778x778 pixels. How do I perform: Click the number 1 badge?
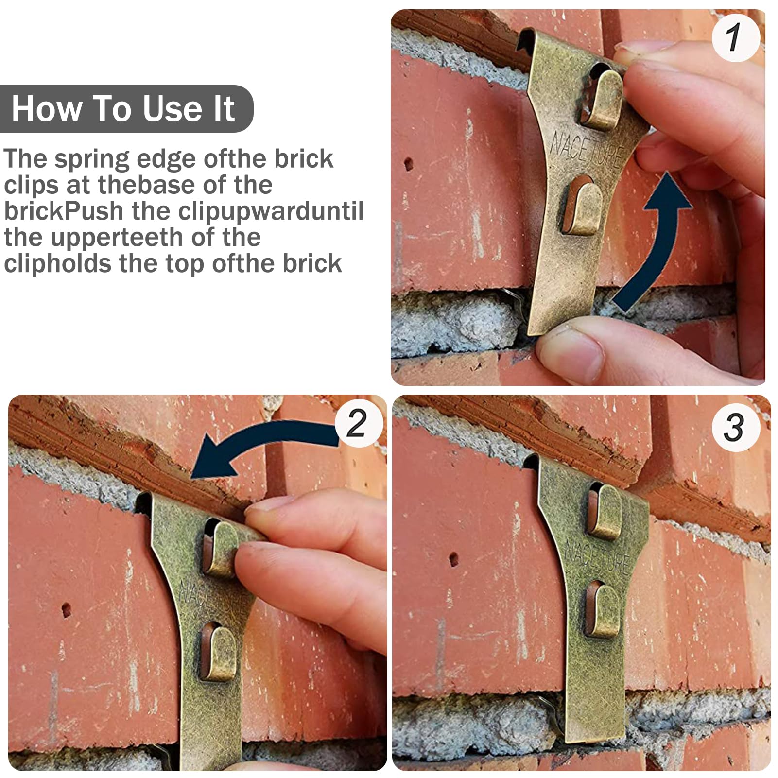(736, 38)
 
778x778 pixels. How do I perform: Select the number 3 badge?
(736, 428)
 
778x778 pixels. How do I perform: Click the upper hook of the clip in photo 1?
(603, 100)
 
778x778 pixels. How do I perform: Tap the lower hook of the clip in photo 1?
(582, 205)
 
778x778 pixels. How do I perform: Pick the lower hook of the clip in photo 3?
(603, 610)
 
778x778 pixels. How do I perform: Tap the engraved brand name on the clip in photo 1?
(586, 148)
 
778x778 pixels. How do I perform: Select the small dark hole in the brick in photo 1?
(408, 164)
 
